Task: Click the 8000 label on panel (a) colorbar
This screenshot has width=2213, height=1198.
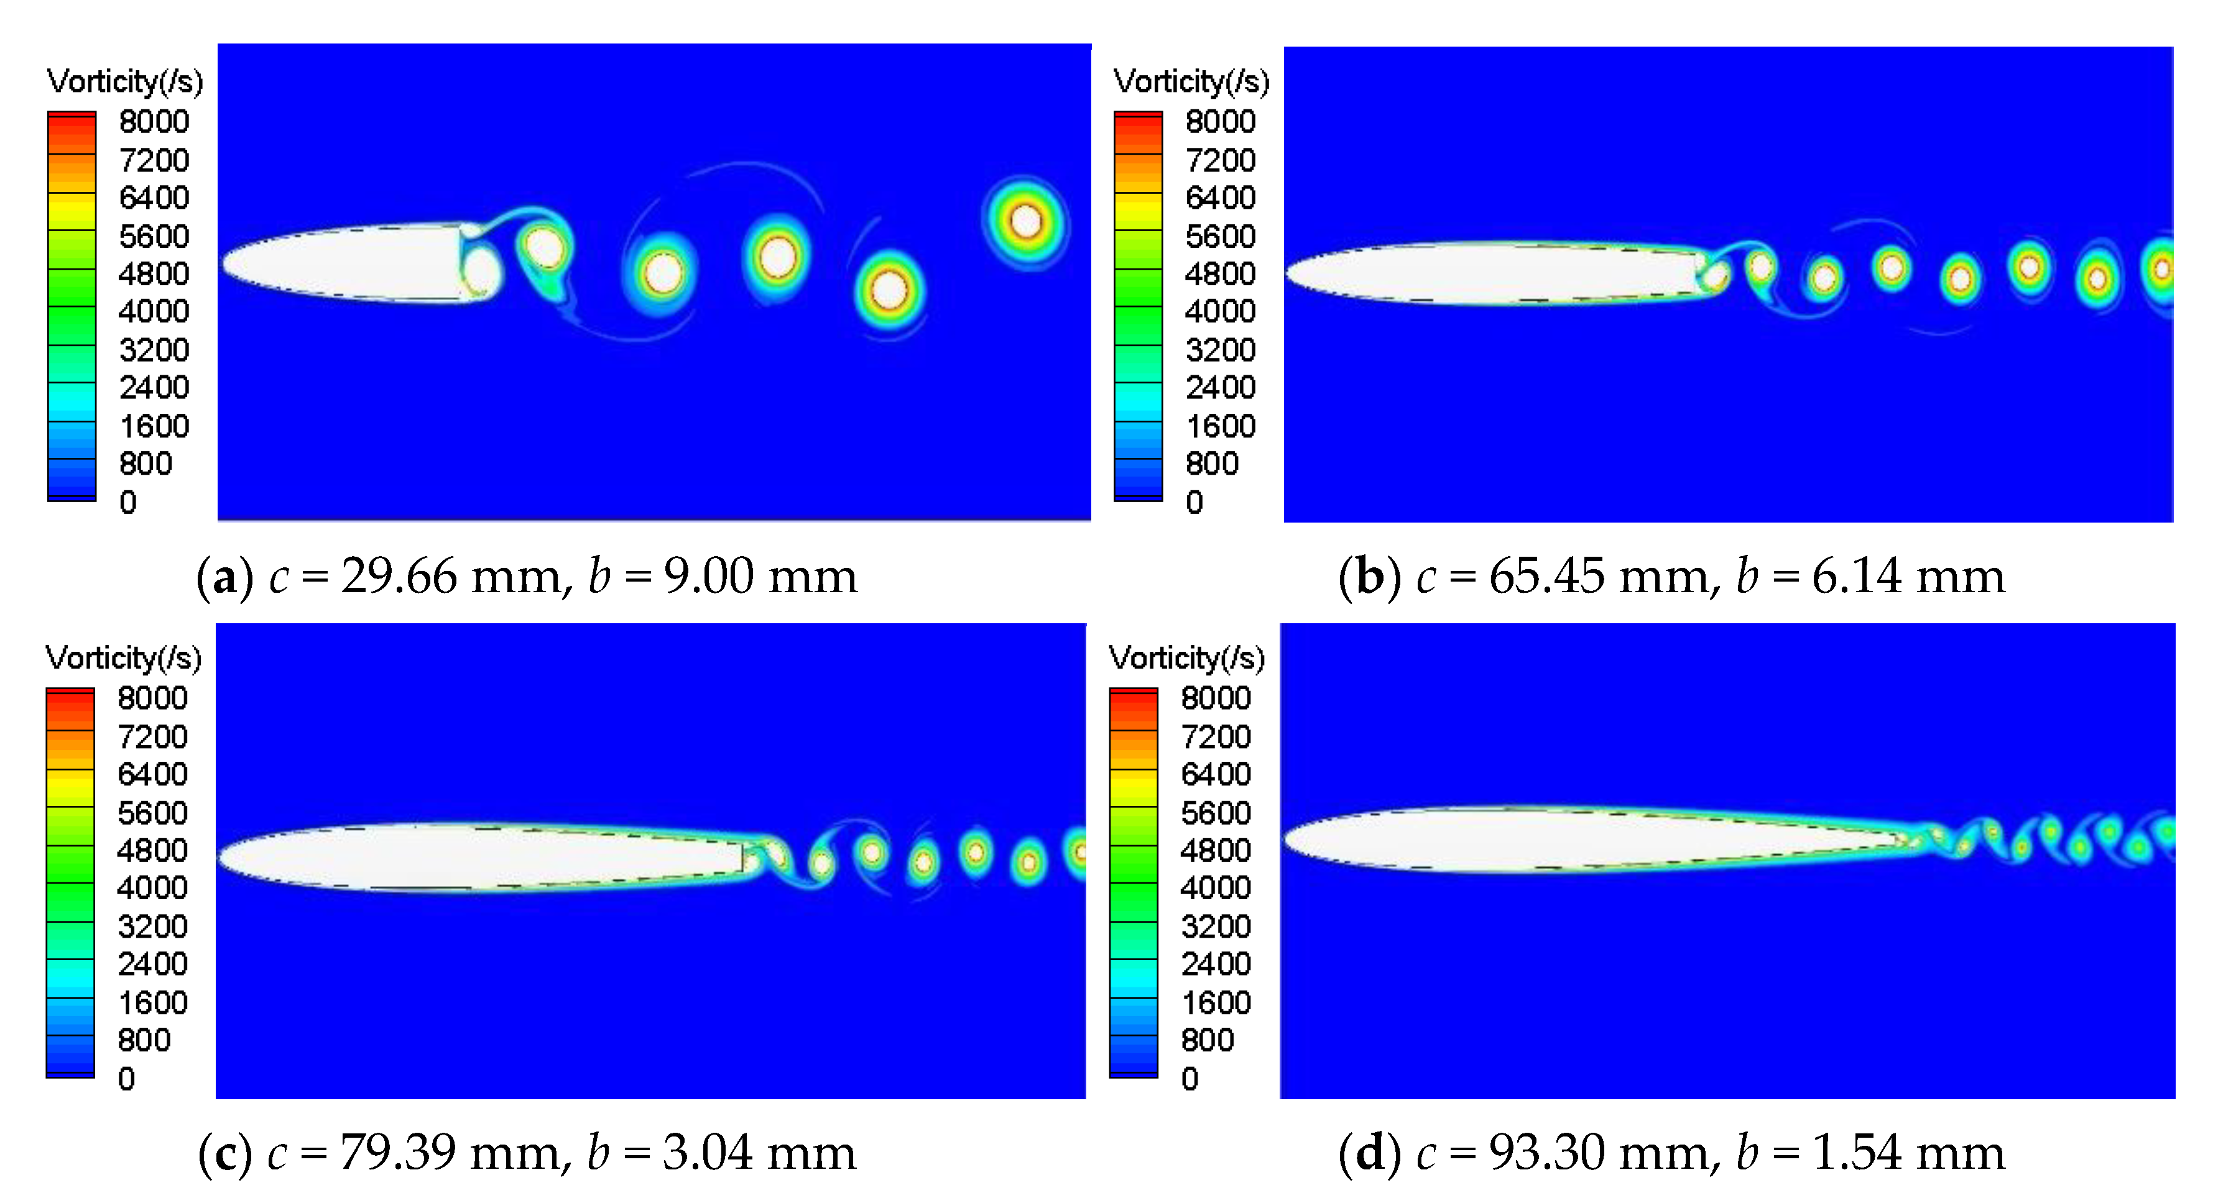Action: pyautogui.click(x=154, y=122)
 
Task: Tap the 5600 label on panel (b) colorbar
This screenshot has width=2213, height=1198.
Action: pyautogui.click(x=1220, y=236)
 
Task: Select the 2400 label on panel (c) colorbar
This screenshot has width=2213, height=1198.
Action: pyautogui.click(x=152, y=964)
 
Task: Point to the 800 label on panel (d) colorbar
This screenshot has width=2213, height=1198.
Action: pyautogui.click(x=1207, y=1040)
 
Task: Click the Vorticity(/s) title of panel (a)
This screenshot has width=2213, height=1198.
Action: pyautogui.click(x=124, y=81)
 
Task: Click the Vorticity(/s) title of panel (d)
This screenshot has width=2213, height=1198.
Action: pyautogui.click(x=1186, y=658)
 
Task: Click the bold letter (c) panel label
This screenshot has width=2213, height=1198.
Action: pyautogui.click(x=225, y=1153)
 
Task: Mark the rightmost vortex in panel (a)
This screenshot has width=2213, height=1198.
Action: pyautogui.click(x=1025, y=222)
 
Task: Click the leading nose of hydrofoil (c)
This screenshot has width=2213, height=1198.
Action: pyautogui.click(x=221, y=857)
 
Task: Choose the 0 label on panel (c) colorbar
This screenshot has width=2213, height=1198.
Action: pyautogui.click(x=126, y=1079)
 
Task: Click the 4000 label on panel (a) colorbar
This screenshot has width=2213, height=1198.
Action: pyautogui.click(x=154, y=311)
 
